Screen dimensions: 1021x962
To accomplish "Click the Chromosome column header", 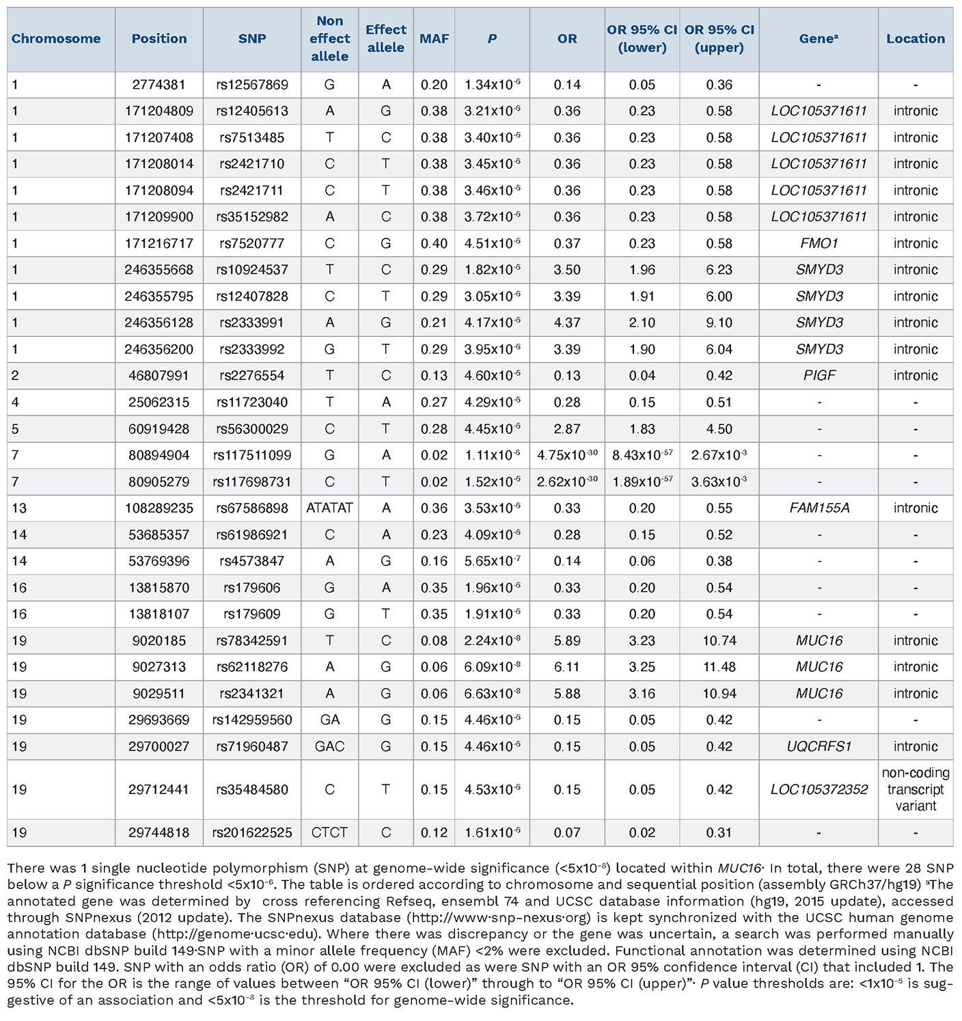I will click(x=56, y=39).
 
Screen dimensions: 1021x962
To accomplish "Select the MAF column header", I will click(x=434, y=39).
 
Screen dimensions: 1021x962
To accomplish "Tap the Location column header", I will click(x=915, y=39).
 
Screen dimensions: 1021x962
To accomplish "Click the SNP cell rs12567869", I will click(x=252, y=85).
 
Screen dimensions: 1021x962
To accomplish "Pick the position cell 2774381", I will click(x=159, y=85).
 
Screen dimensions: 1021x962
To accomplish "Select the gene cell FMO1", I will click(x=819, y=243).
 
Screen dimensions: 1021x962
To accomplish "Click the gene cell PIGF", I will click(x=819, y=375).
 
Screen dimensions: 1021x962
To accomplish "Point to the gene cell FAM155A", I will click(x=819, y=508).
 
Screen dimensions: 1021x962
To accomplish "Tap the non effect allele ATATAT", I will click(x=329, y=508).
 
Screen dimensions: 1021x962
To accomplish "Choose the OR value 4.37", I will click(x=566, y=323).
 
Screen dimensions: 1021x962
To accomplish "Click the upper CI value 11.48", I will click(x=719, y=667).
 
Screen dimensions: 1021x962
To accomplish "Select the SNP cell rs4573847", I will click(x=252, y=561).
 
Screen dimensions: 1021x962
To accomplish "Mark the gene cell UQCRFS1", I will click(x=819, y=746).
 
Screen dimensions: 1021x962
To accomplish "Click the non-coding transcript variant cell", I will click(x=915, y=789).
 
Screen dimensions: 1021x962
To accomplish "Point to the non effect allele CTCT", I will click(x=329, y=832).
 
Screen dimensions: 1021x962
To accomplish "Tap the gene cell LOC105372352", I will click(x=819, y=789).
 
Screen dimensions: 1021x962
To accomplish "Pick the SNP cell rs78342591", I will click(x=252, y=640).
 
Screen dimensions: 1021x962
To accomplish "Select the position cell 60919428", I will click(x=159, y=429).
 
